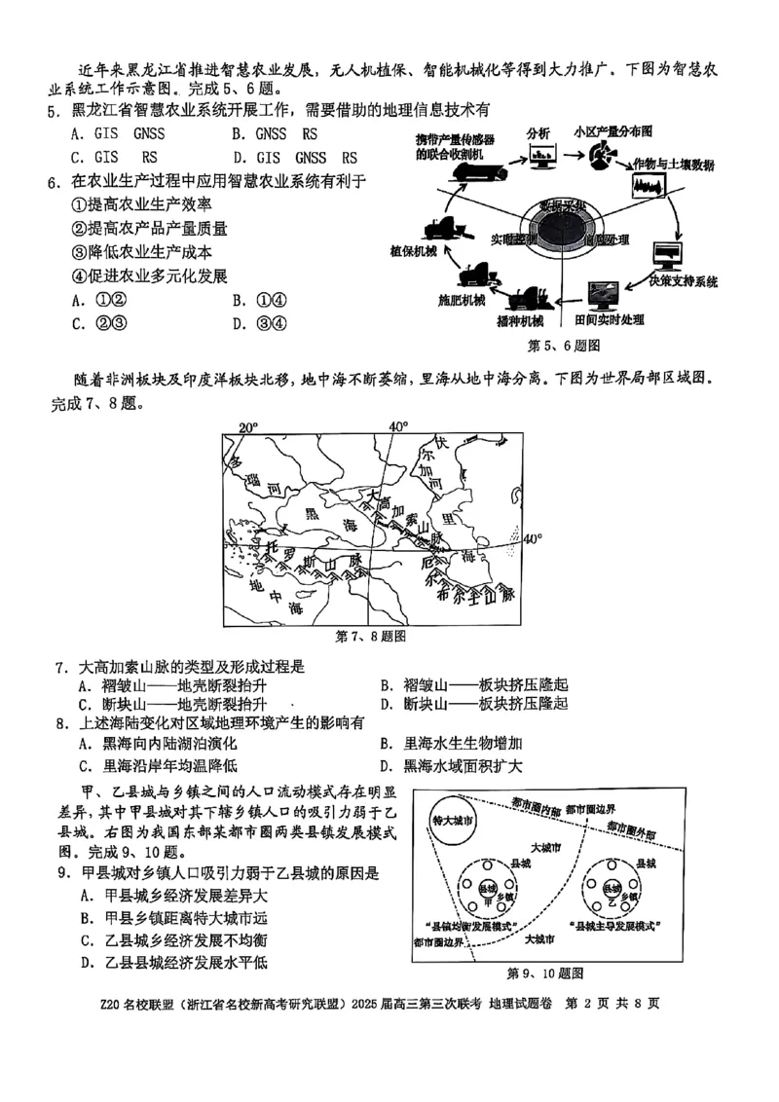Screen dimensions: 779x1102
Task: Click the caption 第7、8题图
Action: [370, 637]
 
